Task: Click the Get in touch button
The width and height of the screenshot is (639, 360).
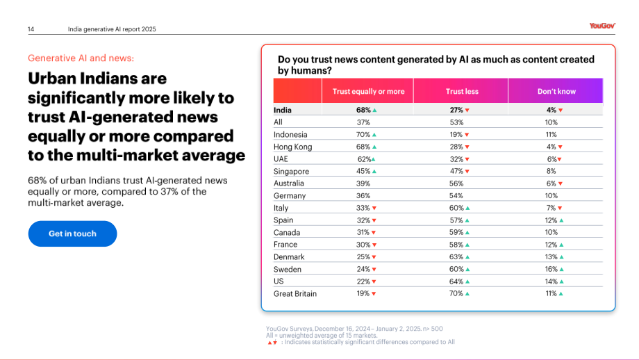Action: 72,234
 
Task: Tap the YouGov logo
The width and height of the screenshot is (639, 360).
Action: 602,26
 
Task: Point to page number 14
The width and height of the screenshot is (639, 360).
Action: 31,29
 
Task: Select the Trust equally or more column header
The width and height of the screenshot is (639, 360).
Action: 368,91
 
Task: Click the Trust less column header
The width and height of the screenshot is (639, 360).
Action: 462,91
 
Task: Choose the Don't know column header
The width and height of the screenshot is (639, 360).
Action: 556,91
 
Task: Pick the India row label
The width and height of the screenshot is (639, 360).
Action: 283,110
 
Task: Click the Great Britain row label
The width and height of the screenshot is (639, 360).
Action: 295,293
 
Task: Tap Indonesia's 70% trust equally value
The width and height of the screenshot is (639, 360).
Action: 363,135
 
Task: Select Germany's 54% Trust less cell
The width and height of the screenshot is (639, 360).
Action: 456,196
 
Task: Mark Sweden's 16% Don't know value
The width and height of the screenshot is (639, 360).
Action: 551,269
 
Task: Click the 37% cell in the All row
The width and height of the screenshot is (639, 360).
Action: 363,122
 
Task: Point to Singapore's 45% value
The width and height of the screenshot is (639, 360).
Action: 363,171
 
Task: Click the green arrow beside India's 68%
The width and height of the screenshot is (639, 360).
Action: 374,111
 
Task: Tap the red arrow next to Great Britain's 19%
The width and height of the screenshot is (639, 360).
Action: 374,294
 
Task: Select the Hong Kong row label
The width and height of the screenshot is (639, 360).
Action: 292,147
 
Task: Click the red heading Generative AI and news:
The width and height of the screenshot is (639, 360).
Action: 81,58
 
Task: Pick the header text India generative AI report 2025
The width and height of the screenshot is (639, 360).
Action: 112,29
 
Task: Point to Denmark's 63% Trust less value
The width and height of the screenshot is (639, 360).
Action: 456,257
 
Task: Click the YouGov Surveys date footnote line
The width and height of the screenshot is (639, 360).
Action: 354,329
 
